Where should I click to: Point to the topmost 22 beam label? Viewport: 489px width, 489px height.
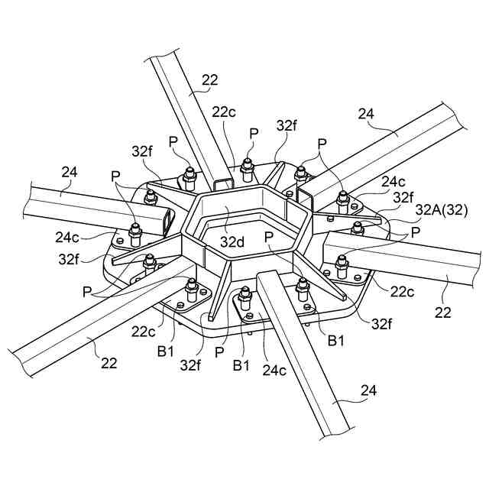210,79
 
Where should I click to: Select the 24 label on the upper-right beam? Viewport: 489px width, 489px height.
367,115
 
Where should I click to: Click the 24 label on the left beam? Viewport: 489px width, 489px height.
69,173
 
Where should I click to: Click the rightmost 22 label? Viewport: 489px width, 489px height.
444,312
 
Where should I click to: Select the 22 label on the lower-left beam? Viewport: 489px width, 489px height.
108,362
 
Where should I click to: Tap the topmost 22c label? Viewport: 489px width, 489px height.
224,112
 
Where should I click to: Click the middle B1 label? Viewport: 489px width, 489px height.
241,365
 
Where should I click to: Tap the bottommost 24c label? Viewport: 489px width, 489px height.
274,371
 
